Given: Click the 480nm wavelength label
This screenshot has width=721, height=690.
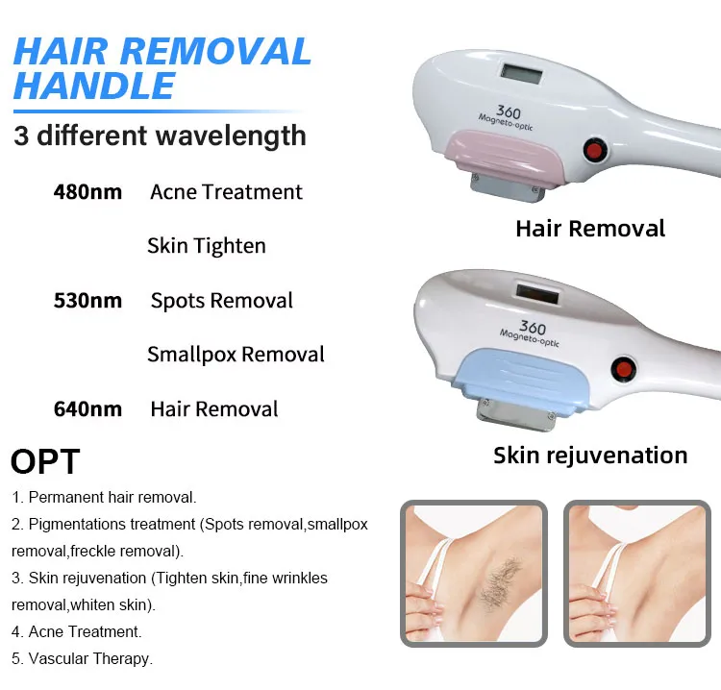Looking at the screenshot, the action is coord(87,192).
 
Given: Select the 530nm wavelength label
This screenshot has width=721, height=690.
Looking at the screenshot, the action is coord(87,301).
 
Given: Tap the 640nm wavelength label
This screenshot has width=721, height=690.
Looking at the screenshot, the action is coord(87,409).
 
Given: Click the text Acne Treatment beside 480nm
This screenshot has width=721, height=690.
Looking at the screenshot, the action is coord(226,192).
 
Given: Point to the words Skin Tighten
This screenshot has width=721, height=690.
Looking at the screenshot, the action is coord(207,246).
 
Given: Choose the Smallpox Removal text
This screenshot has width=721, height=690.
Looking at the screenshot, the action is coord(236,355).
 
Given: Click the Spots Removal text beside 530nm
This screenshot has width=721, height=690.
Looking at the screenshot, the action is coord(222,301).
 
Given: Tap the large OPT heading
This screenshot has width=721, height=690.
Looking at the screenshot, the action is coord(45,461).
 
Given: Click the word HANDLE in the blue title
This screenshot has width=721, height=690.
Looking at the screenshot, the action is coord(94,86).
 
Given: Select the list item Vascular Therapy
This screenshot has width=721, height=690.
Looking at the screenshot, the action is coord(82,658).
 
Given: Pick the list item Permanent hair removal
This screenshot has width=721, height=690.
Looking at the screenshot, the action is coord(104,498).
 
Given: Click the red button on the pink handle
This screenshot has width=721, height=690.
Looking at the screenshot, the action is coord(594,150).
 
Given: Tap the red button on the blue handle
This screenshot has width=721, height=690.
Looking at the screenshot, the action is coord(623,369).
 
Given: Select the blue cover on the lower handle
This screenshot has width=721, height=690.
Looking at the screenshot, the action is coord(521,376).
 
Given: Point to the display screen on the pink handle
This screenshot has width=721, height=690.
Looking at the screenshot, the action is coord(521,74).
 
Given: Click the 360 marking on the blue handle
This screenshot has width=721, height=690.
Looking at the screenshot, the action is coord(533,328).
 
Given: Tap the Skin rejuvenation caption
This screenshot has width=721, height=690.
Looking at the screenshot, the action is coord(590,456).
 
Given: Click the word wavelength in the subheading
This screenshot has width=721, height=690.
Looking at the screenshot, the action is coord(231,136).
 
